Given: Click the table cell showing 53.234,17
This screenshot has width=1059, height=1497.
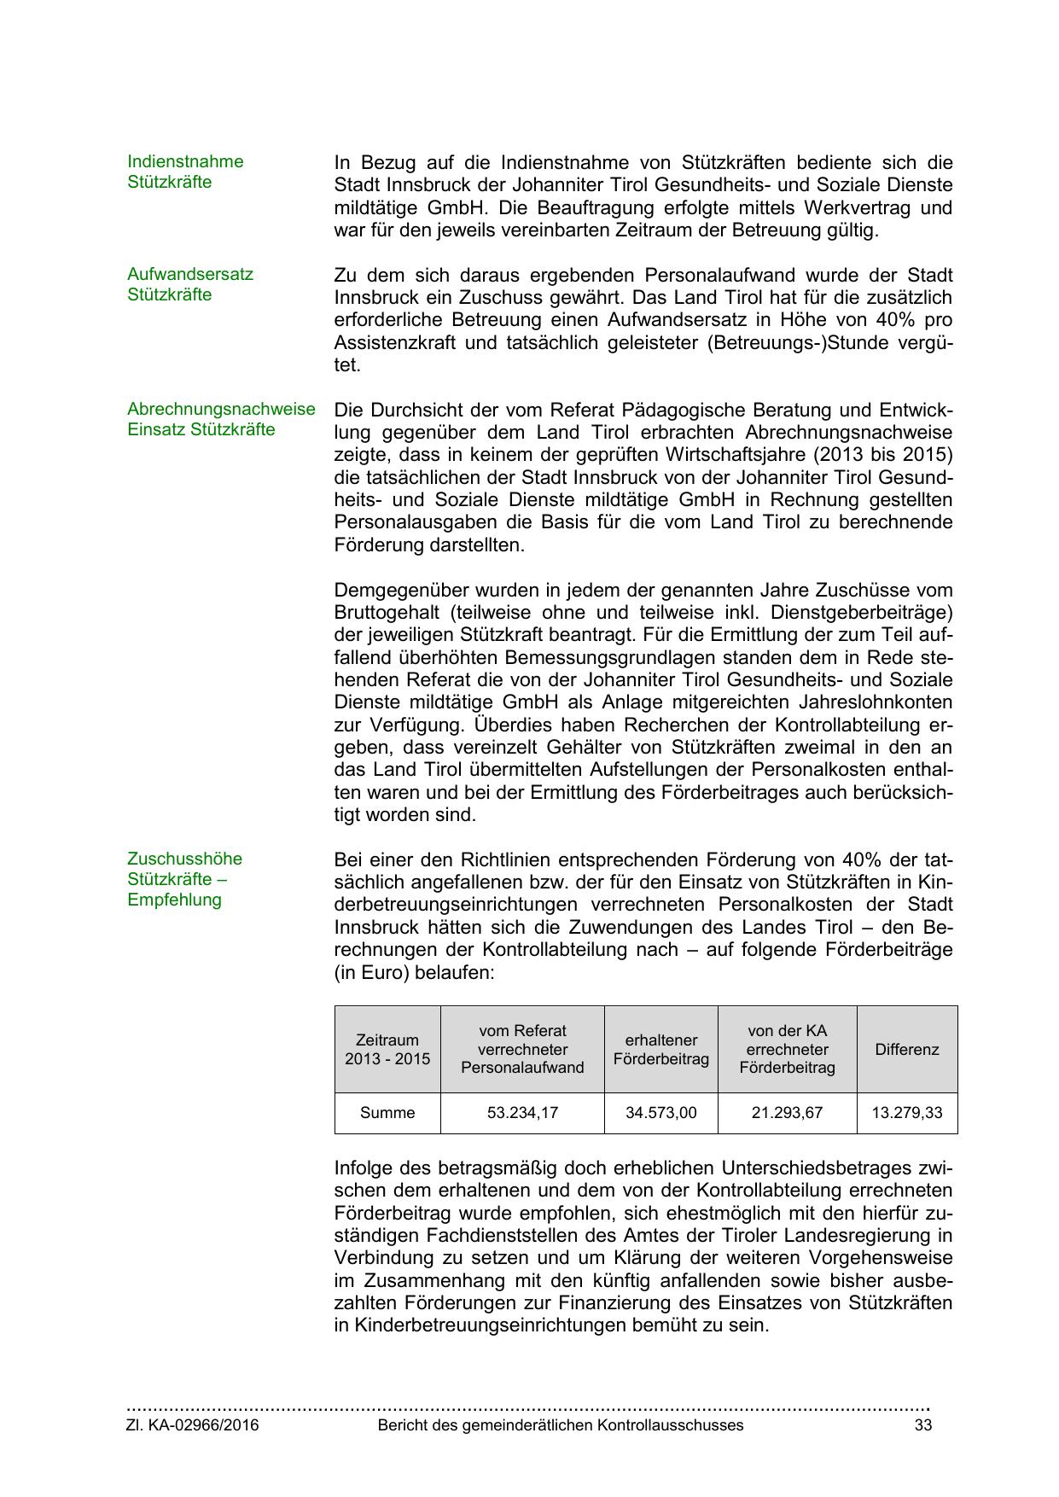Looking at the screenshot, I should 522,1113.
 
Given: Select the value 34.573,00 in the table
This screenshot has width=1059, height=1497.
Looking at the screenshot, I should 660,1113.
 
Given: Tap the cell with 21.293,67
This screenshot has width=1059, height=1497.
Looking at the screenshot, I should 787,1113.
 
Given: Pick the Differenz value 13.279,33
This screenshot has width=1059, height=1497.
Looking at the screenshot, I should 906,1113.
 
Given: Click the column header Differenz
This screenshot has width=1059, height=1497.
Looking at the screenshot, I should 906,1050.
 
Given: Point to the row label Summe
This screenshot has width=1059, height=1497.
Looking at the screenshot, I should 387,1113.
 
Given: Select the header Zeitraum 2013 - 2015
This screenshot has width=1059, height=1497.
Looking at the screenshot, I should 387,1050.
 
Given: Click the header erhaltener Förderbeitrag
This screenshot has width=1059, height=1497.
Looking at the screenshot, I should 660,1050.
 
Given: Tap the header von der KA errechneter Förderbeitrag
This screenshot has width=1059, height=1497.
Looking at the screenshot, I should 787,1050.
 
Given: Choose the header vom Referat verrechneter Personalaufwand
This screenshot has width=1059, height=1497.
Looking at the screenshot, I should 522,1050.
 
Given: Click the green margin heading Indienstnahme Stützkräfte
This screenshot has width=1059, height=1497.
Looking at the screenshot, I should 185,172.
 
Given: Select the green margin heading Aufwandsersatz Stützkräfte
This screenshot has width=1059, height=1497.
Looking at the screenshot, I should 189,284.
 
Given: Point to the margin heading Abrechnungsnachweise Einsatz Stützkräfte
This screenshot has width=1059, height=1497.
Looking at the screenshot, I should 221,419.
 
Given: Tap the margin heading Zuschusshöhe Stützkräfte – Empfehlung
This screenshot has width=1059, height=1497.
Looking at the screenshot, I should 184,879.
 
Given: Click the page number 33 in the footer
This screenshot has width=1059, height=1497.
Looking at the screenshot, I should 922,1425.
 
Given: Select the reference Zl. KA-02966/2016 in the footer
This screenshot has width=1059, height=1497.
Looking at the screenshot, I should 193,1425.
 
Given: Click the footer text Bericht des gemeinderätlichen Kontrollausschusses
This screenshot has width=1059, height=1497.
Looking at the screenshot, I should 561,1425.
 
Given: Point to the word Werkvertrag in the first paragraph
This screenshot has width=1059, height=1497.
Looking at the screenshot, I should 862,207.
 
